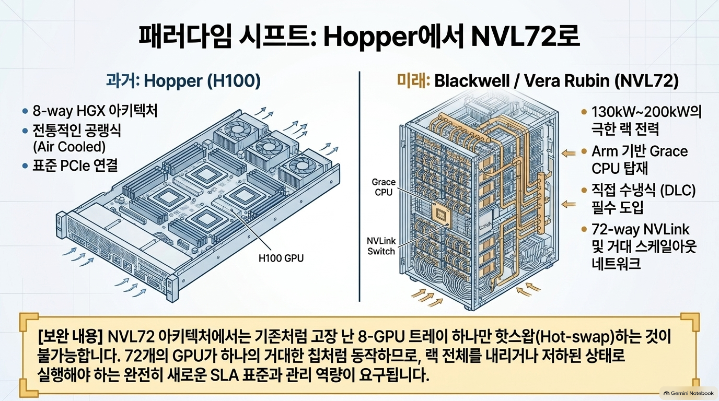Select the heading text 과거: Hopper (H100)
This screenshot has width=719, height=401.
click(183, 81)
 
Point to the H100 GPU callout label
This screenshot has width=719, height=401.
click(281, 258)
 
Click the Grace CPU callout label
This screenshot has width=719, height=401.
click(384, 187)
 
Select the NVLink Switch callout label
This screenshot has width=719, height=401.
click(381, 246)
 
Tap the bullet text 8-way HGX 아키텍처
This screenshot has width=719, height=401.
click(95, 111)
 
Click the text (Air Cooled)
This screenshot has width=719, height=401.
click(69, 147)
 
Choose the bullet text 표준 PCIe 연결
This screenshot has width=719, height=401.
click(75, 166)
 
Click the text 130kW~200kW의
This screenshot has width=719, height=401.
click(646, 112)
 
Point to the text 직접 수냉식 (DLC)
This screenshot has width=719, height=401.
click(644, 191)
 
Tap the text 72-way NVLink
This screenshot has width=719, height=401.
click(641, 229)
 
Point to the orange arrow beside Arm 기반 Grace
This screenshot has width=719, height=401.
click(569, 154)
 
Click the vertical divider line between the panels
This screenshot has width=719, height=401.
click(359, 186)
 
